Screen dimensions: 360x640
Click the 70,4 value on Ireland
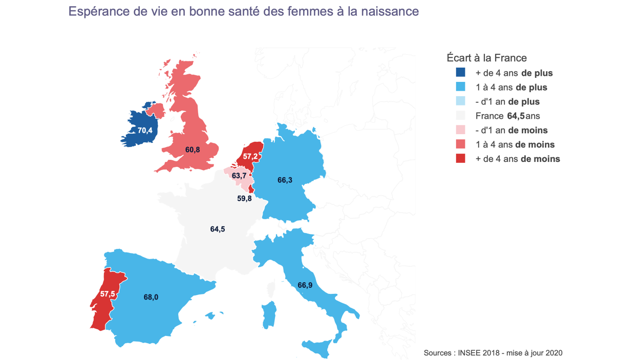(145, 131)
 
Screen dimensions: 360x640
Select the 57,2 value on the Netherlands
(250, 156)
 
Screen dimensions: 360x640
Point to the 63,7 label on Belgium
(239, 176)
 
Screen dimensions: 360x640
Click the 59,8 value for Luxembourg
(244, 198)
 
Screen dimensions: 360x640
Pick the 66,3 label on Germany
(285, 180)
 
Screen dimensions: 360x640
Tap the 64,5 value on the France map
(218, 229)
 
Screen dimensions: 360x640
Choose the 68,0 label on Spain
(151, 297)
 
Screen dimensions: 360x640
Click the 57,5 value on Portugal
(108, 294)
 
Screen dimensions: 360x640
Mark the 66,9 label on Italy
(305, 285)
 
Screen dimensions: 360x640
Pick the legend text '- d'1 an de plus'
(507, 101)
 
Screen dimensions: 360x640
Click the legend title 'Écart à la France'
(486, 58)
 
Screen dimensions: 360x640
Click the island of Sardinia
(269, 314)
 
